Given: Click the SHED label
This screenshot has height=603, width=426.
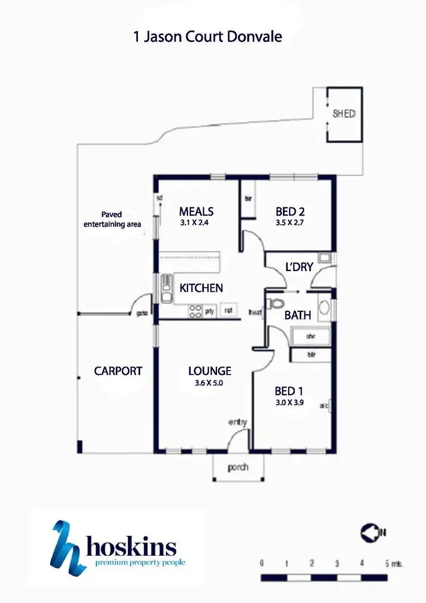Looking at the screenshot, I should [344, 114].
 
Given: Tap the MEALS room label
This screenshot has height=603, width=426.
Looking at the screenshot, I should [196, 211].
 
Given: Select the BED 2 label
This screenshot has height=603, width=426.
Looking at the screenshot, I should [290, 211].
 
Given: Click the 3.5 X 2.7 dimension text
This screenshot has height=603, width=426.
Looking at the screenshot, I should [291, 223].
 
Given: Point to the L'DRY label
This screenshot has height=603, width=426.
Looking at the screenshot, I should [299, 267].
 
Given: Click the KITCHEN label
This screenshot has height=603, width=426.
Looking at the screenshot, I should [201, 288].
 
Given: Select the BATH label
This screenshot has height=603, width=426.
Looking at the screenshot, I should [298, 314].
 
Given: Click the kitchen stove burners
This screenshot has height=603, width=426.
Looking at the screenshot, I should [195, 310].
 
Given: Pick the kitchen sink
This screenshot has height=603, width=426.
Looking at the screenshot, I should [166, 289].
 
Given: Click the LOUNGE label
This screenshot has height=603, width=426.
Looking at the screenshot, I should [210, 371].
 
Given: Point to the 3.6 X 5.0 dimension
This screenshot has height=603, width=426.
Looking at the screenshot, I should [210, 383].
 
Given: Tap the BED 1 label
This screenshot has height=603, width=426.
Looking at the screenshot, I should [289, 391].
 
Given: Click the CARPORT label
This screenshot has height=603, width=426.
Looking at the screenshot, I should [118, 371].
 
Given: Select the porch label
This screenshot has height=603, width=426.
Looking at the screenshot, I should [238, 468].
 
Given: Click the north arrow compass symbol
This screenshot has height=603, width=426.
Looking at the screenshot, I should [370, 533].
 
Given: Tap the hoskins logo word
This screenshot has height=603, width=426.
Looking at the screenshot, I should [131, 548].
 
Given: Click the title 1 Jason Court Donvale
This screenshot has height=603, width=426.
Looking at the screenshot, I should [207, 38].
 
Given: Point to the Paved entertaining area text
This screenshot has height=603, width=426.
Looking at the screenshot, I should [112, 220].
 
